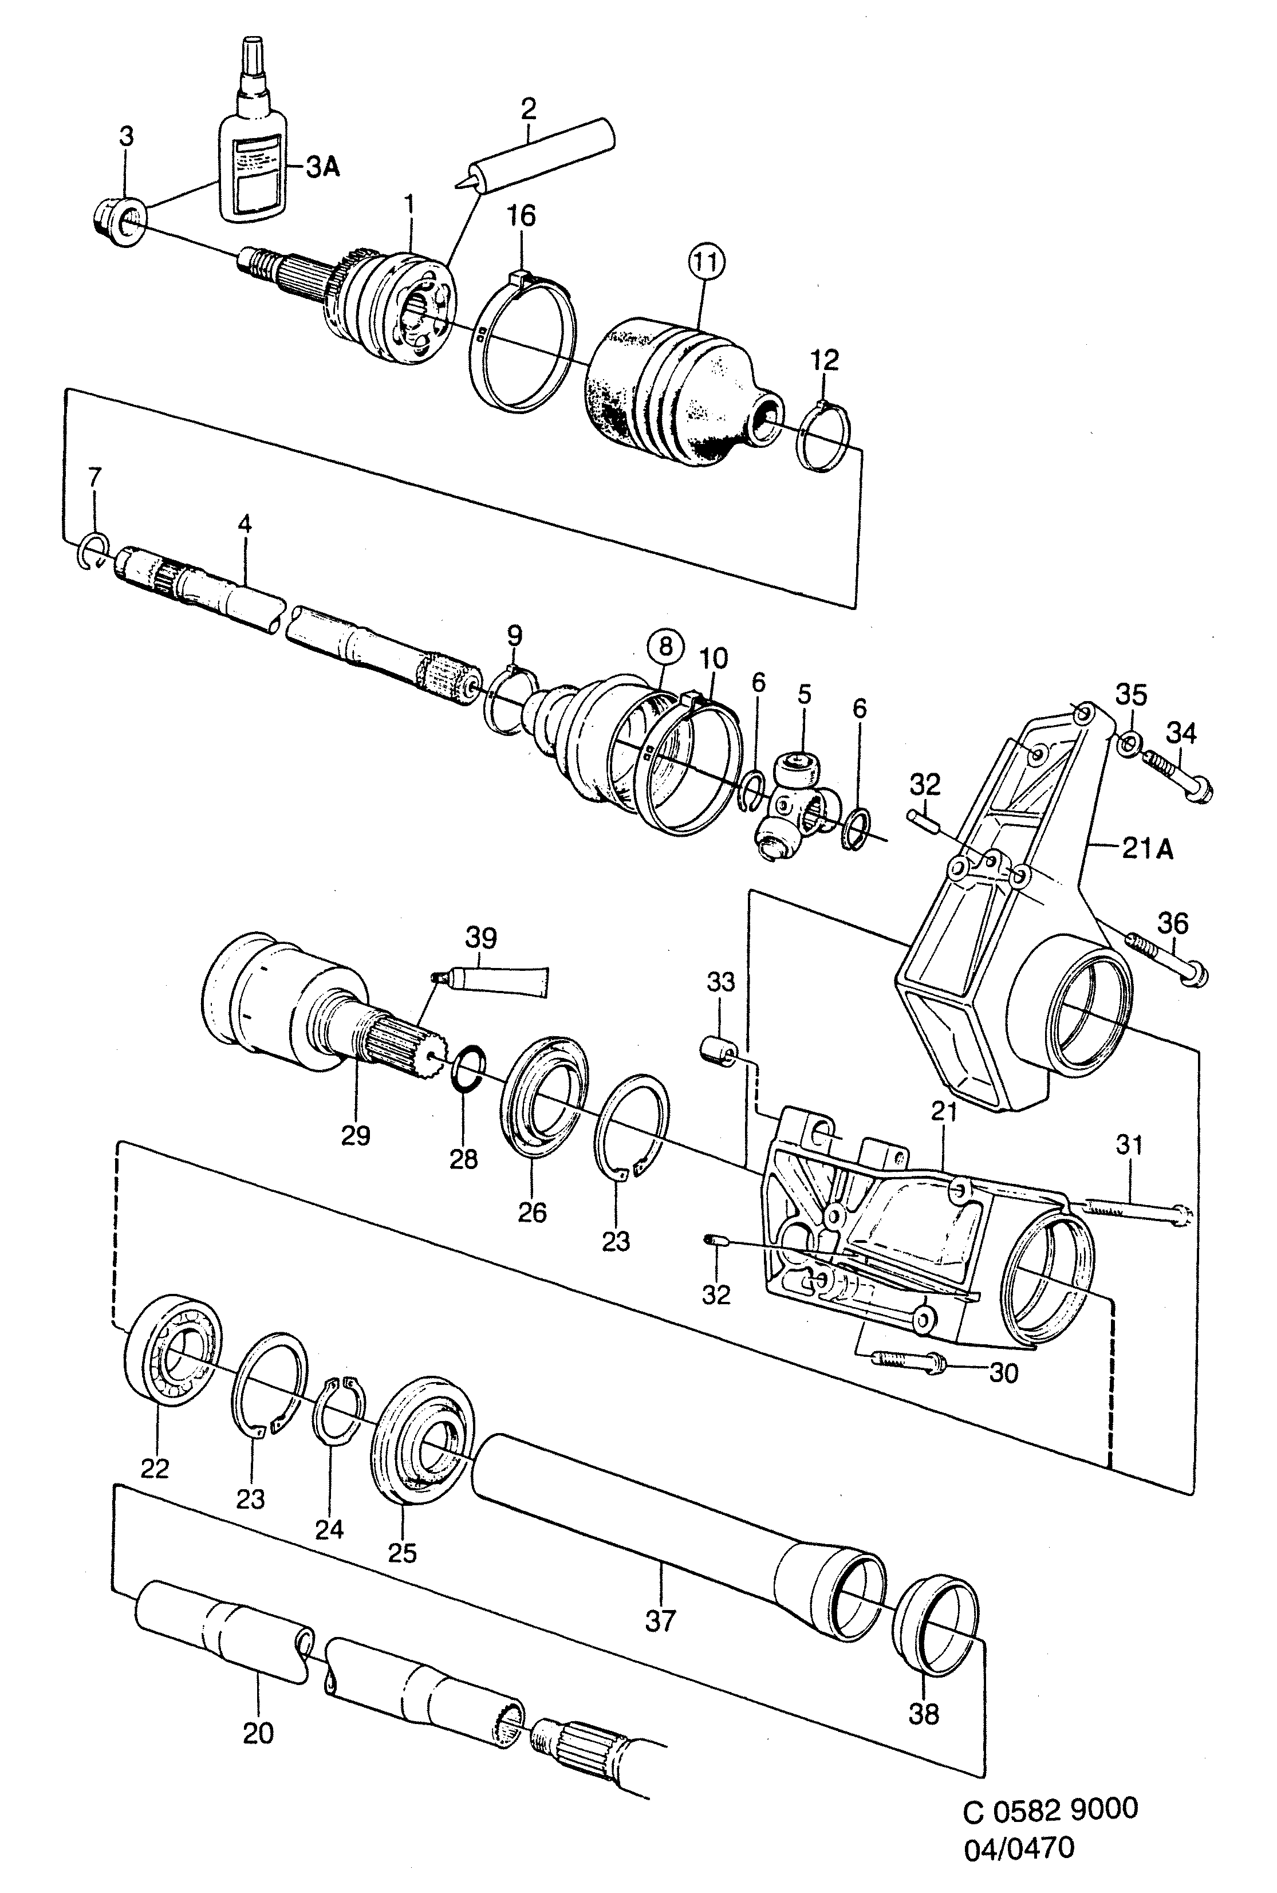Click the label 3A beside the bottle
[322, 168]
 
